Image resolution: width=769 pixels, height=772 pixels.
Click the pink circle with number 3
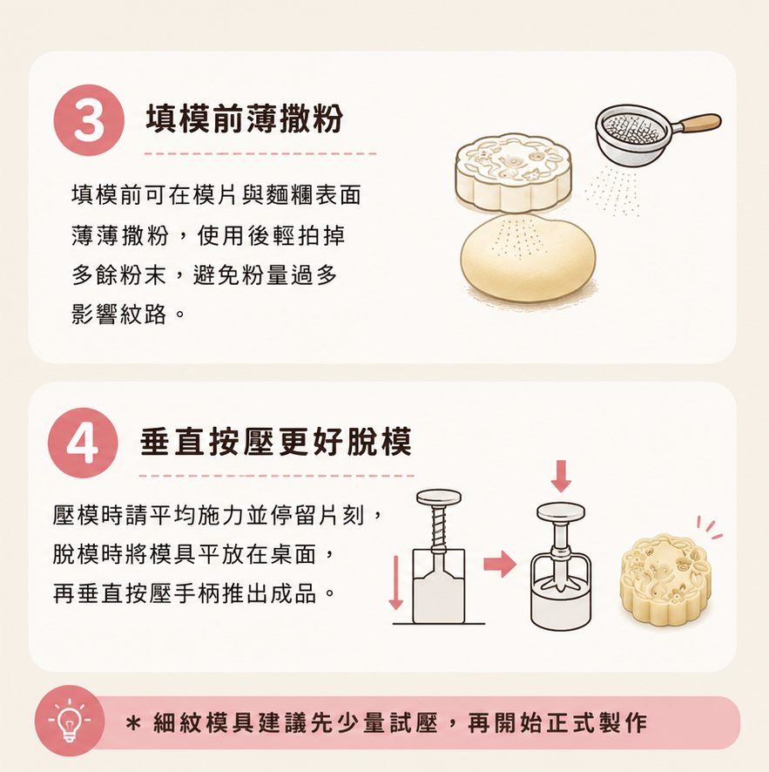tap(89, 120)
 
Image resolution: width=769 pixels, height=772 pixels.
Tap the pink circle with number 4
tap(83, 443)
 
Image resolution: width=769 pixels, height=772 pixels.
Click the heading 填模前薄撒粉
tap(245, 119)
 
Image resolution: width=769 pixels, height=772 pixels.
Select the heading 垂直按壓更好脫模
tap(276, 442)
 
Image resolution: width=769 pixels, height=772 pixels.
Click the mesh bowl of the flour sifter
tap(633, 133)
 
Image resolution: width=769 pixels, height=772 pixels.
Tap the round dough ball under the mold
tap(528, 258)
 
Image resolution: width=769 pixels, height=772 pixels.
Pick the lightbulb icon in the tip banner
tap(70, 721)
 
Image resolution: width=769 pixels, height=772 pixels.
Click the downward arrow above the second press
tap(561, 476)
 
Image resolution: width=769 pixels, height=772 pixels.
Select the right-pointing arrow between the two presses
tap(500, 564)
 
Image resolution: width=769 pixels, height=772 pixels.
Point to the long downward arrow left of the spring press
tap(396, 582)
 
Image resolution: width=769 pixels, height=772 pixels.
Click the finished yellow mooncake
tap(665, 581)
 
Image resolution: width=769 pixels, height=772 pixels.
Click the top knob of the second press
tap(561, 512)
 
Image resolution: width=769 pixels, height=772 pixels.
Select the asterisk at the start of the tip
tap(133, 724)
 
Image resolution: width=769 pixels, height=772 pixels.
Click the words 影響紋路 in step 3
tap(118, 315)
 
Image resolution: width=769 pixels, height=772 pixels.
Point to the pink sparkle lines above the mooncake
tap(710, 528)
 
